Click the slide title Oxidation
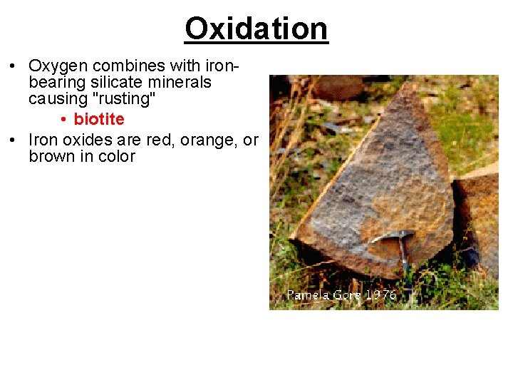(x=256, y=29)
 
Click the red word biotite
(x=99, y=119)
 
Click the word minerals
(x=179, y=83)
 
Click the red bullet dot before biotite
(x=64, y=119)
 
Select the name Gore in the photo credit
(x=348, y=294)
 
